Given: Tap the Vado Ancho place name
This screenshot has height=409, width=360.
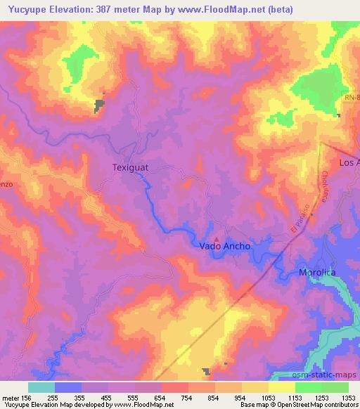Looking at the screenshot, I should (x=224, y=247).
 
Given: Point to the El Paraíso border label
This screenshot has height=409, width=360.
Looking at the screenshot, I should (x=300, y=222).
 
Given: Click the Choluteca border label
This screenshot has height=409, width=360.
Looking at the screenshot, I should (x=325, y=186).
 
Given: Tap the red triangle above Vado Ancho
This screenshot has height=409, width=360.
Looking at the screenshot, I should (x=217, y=238).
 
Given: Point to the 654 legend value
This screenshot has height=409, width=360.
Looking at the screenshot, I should (x=160, y=397).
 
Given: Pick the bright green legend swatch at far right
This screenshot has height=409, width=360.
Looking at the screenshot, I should (x=335, y=387).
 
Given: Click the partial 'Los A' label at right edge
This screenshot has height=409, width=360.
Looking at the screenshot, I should (x=349, y=162).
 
